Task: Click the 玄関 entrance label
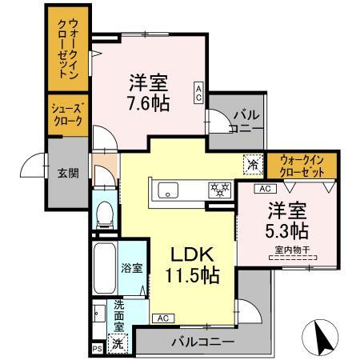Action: (x=68, y=172)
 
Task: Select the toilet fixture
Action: (x=104, y=212)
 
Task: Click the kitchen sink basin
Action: (x=169, y=190)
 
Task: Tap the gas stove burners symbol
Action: (x=219, y=190)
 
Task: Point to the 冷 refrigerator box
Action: (x=252, y=163)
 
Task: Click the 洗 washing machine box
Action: (x=117, y=343)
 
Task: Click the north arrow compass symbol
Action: (x=324, y=336)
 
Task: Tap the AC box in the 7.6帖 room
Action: (x=198, y=91)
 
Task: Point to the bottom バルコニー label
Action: (x=202, y=342)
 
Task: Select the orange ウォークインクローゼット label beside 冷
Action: (x=302, y=166)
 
